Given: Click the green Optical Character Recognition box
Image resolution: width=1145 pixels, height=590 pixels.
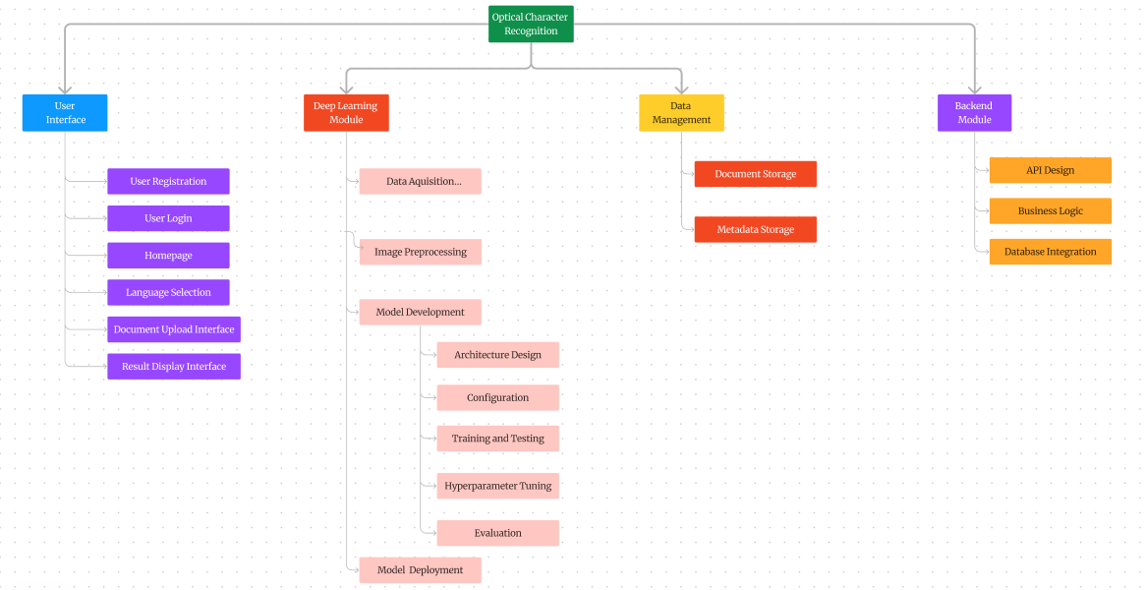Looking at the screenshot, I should pyautogui.click(x=531, y=24).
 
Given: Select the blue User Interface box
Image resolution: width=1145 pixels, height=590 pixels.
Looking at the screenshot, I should pyautogui.click(x=65, y=112).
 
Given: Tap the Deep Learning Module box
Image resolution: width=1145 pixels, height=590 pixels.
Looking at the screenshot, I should pyautogui.click(x=346, y=112).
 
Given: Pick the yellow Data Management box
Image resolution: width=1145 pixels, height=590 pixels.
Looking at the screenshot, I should pyautogui.click(x=681, y=112).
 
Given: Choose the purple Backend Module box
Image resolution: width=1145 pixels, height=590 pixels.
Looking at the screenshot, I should pyautogui.click(x=974, y=112).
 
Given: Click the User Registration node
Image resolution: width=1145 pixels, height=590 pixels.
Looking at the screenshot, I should pyautogui.click(x=168, y=181).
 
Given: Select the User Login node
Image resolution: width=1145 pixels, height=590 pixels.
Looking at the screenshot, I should pyautogui.click(x=168, y=218).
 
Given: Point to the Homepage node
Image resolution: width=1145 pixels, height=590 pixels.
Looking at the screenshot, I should pyautogui.click(x=168, y=256).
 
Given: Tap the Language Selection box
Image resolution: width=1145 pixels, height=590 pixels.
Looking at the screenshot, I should pyautogui.click(x=168, y=292).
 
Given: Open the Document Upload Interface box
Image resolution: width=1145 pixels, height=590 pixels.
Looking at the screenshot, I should pyautogui.click(x=174, y=329).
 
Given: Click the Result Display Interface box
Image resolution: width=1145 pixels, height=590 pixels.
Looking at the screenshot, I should pyautogui.click(x=174, y=367).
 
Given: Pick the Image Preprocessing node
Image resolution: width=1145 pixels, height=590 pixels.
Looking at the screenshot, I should pyautogui.click(x=420, y=252).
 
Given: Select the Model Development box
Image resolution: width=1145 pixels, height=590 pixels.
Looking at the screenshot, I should pyautogui.click(x=420, y=312).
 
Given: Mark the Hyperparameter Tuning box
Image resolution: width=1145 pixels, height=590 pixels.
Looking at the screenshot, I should pyautogui.click(x=497, y=486).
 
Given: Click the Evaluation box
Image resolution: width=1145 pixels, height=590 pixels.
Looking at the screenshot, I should pyautogui.click(x=497, y=533).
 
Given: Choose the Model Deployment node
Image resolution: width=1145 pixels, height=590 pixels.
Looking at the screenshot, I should pyautogui.click(x=420, y=569).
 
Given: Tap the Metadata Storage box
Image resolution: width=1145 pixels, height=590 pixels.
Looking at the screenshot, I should pyautogui.click(x=755, y=229).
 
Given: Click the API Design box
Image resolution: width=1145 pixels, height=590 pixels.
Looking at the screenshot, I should pyautogui.click(x=1050, y=170).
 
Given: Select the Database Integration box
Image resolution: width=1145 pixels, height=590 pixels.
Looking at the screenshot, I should pyautogui.click(x=1050, y=252).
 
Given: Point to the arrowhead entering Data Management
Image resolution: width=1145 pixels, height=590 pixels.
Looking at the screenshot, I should pyautogui.click(x=681, y=88).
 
